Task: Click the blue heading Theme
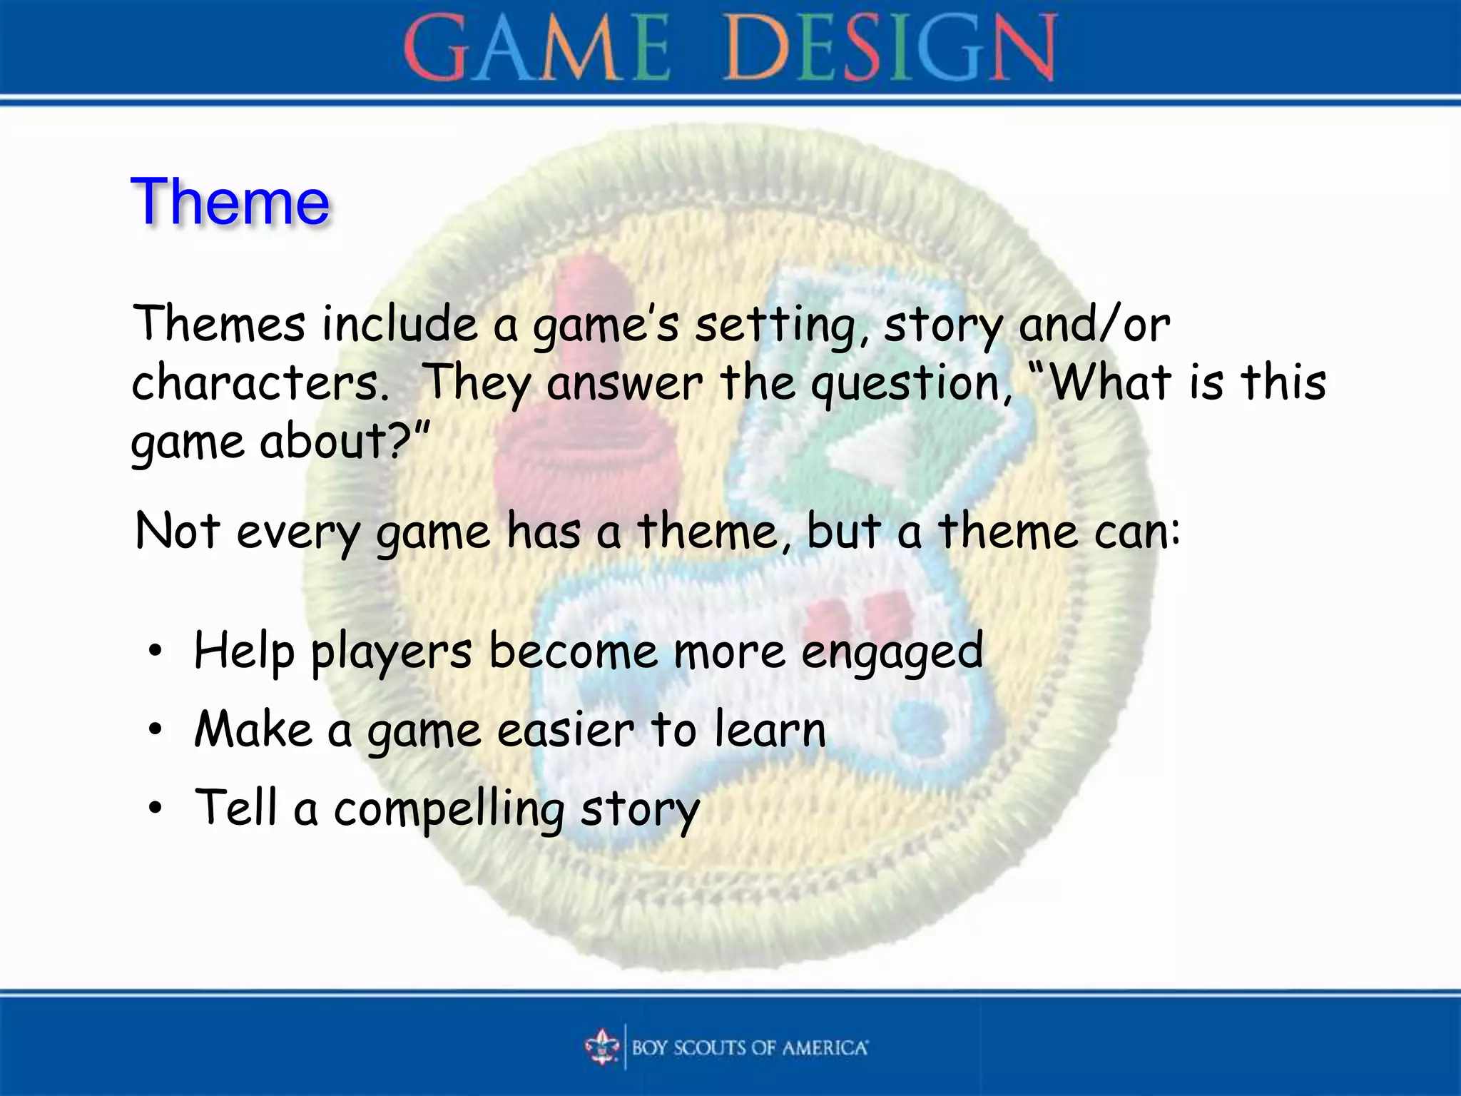pyautogui.click(x=230, y=202)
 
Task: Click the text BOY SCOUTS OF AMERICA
pyautogui.click(x=750, y=1047)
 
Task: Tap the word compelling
pyautogui.click(x=449, y=810)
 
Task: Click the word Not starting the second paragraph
pyautogui.click(x=177, y=532)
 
